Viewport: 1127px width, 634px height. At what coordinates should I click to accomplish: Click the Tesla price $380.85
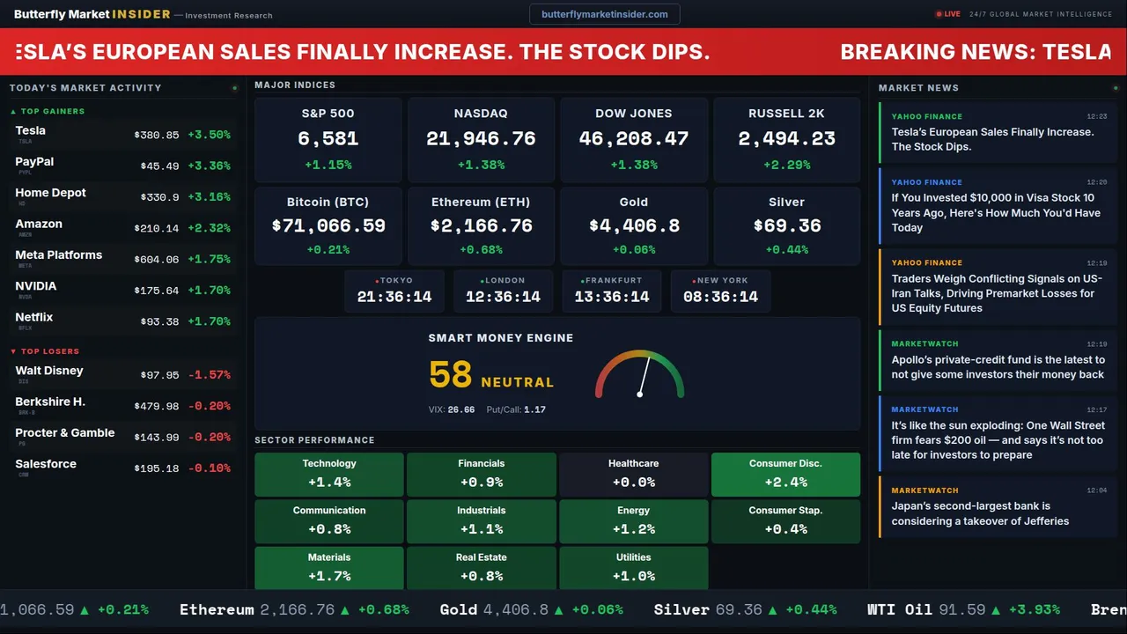coord(157,136)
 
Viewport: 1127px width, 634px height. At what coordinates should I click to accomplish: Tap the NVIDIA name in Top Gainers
coord(36,286)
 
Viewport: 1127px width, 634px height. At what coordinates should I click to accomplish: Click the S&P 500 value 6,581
coord(328,139)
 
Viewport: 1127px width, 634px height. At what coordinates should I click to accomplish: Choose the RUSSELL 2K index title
coord(786,114)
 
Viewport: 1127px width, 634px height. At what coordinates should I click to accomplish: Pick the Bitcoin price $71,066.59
coord(328,226)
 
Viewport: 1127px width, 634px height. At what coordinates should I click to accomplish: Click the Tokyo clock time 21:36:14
coord(394,297)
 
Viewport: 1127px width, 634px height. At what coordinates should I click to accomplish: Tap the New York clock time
coord(720,297)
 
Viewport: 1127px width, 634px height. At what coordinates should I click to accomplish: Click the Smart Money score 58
coord(451,375)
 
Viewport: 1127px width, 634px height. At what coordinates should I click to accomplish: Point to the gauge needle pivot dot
coord(639,394)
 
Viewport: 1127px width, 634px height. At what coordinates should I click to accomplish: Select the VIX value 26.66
coord(461,409)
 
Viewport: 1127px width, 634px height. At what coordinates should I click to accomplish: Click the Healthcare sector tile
coord(633,474)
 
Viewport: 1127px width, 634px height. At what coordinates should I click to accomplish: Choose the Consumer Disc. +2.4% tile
coord(785,474)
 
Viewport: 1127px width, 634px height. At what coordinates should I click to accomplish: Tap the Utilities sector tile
coord(633,568)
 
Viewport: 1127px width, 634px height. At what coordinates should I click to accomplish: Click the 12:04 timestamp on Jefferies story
coord(1096,490)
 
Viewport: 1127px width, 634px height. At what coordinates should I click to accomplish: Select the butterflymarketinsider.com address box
coord(605,14)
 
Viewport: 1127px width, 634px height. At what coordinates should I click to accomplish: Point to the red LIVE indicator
coord(948,14)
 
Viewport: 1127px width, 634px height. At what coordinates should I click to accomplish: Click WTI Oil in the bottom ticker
coord(899,609)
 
